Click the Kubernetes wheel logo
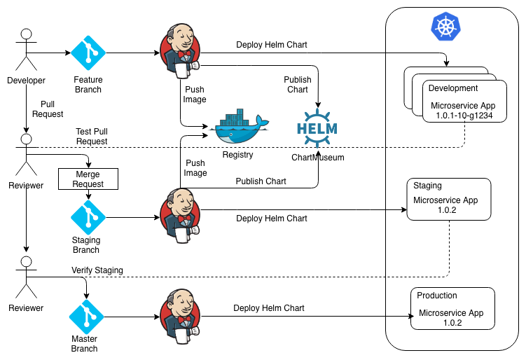pyautogui.click(x=444, y=28)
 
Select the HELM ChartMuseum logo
pyautogui.click(x=317, y=129)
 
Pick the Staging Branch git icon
pyautogui.click(x=88, y=218)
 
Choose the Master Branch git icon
pyautogui.click(x=88, y=317)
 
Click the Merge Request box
pyautogui.click(x=88, y=179)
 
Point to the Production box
pyautogui.click(x=452, y=309)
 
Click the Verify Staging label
pyautogui.click(x=97, y=270)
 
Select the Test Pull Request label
pyautogui.click(x=92, y=137)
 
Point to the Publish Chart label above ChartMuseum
pyautogui.click(x=297, y=85)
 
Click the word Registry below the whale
pyautogui.click(x=237, y=155)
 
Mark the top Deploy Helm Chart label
pyautogui.click(x=272, y=45)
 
